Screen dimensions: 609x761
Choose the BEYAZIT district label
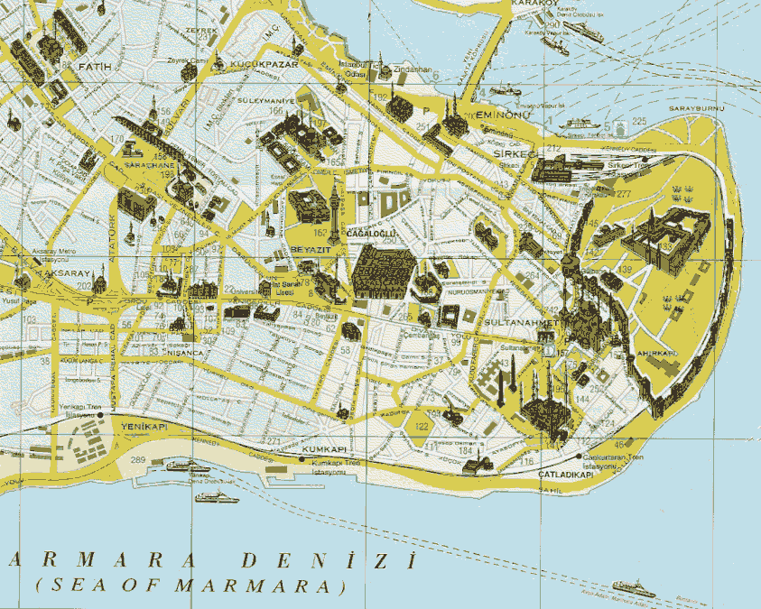306,249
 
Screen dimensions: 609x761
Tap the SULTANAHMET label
518,322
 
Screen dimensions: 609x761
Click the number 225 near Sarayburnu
640,121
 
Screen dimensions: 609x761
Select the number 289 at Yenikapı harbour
138,461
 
